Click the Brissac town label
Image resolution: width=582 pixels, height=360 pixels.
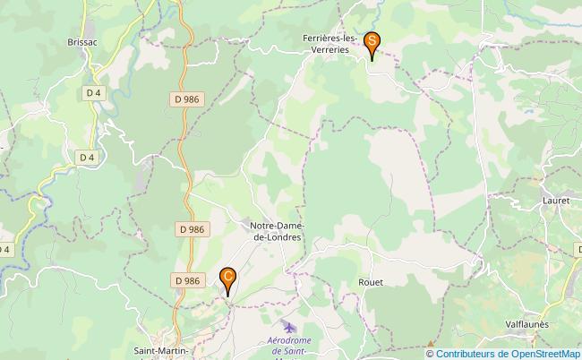pos(81,41)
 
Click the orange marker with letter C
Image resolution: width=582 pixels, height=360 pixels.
pos(229,279)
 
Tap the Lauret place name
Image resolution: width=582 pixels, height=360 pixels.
pos(556,201)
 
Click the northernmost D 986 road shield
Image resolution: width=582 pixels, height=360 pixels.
pos(184,99)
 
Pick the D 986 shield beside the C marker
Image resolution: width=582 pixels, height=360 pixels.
pos(187,280)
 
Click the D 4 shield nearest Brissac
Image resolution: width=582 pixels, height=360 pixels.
pos(95,92)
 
